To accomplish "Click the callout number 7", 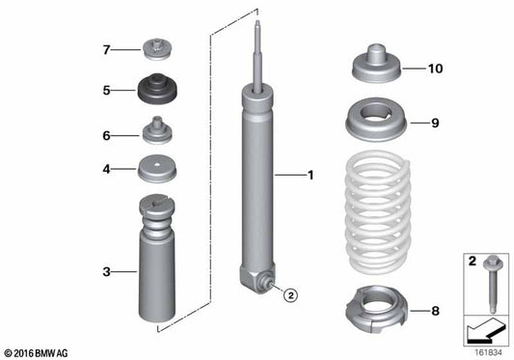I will tap(108, 47).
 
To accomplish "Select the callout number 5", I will tap(108, 92).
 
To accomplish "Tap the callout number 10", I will tap(435, 69).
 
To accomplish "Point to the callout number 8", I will tap(436, 311).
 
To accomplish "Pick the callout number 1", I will tap(311, 176).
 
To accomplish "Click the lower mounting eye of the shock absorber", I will tap(261, 283).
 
